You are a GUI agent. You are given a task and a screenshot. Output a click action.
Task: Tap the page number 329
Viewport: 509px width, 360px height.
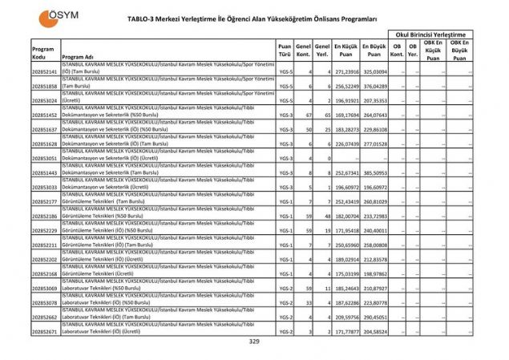point(254,342)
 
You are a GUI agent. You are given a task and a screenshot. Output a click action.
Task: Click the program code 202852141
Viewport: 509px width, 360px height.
point(45,71)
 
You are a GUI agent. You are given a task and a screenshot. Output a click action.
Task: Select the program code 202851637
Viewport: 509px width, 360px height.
point(45,129)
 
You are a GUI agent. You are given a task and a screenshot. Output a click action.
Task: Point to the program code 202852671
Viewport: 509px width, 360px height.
point(45,331)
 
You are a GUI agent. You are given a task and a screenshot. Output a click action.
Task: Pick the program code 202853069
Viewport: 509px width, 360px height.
point(45,288)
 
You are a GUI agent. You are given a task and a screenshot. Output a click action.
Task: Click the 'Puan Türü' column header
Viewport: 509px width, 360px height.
point(284,51)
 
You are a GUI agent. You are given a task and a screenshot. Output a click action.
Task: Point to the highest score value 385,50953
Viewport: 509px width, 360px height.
point(374,172)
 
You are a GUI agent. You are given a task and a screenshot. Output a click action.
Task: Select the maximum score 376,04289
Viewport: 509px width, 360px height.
point(374,86)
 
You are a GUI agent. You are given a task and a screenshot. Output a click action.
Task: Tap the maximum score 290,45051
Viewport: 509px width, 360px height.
point(374,317)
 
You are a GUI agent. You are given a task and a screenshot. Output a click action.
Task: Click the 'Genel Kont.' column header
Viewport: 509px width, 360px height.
point(303,51)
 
